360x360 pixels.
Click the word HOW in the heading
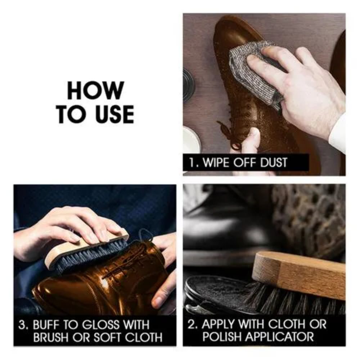(x=95, y=90)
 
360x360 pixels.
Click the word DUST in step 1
(x=274, y=163)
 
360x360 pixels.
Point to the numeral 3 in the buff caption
(x=22, y=325)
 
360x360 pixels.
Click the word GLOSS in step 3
(x=101, y=325)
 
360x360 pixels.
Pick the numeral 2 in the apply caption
(x=191, y=324)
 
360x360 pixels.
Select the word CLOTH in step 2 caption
(x=287, y=324)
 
